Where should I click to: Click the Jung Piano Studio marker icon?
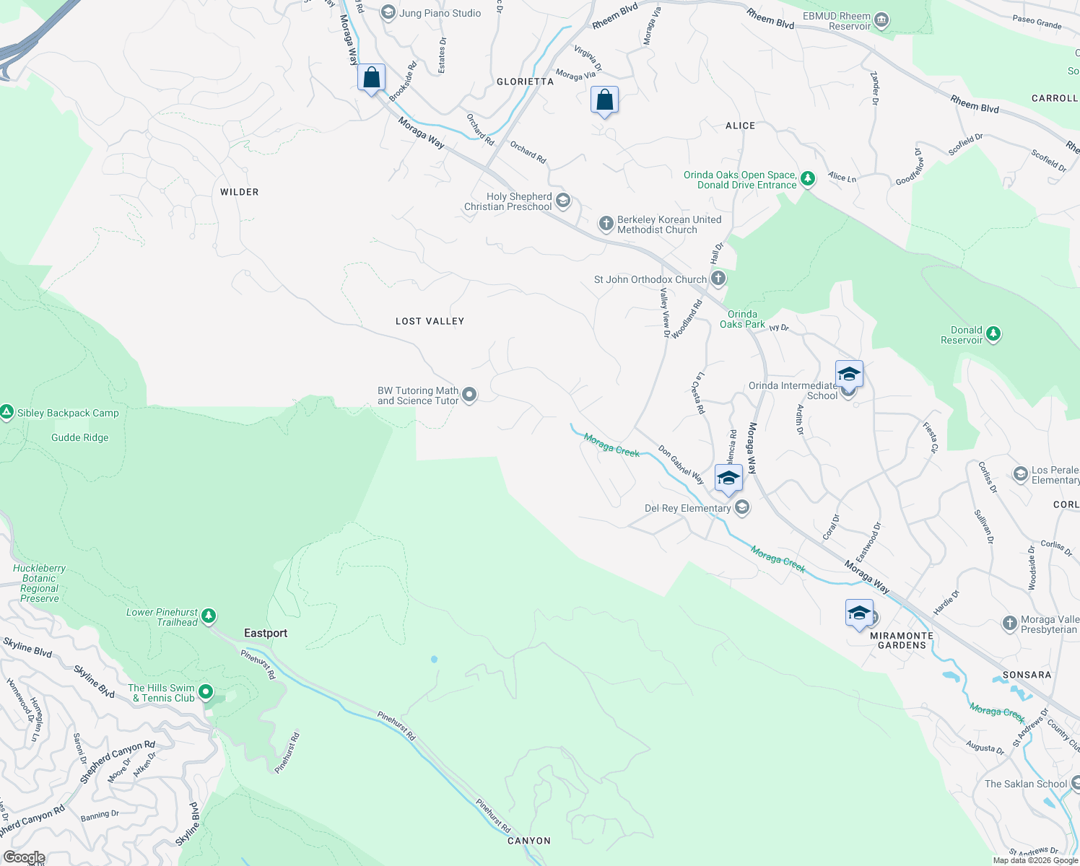coord(388,13)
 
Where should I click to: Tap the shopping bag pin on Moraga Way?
coord(371,78)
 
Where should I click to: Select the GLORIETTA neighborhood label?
coord(525,82)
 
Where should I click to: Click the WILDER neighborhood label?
coord(239,192)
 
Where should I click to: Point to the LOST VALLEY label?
coord(430,321)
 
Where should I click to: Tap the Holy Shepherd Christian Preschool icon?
coord(563,201)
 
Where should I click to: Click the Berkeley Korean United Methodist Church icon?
coord(606,224)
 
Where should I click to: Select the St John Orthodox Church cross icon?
coord(718,279)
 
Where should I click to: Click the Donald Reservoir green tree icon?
coord(993,334)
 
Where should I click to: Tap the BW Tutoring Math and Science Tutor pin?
coord(469,395)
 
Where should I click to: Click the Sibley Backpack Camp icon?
coord(7,413)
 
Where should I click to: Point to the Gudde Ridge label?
coord(80,437)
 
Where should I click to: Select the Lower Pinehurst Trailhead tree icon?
coord(209,616)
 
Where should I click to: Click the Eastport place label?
coord(266,633)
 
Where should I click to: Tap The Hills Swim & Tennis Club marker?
coord(206,693)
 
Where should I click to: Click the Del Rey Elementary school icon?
coord(741,508)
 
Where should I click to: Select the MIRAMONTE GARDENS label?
coord(902,640)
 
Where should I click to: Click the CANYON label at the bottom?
coord(528,841)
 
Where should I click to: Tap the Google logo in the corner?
coord(24,857)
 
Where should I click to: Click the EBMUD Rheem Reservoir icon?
coord(881,20)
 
